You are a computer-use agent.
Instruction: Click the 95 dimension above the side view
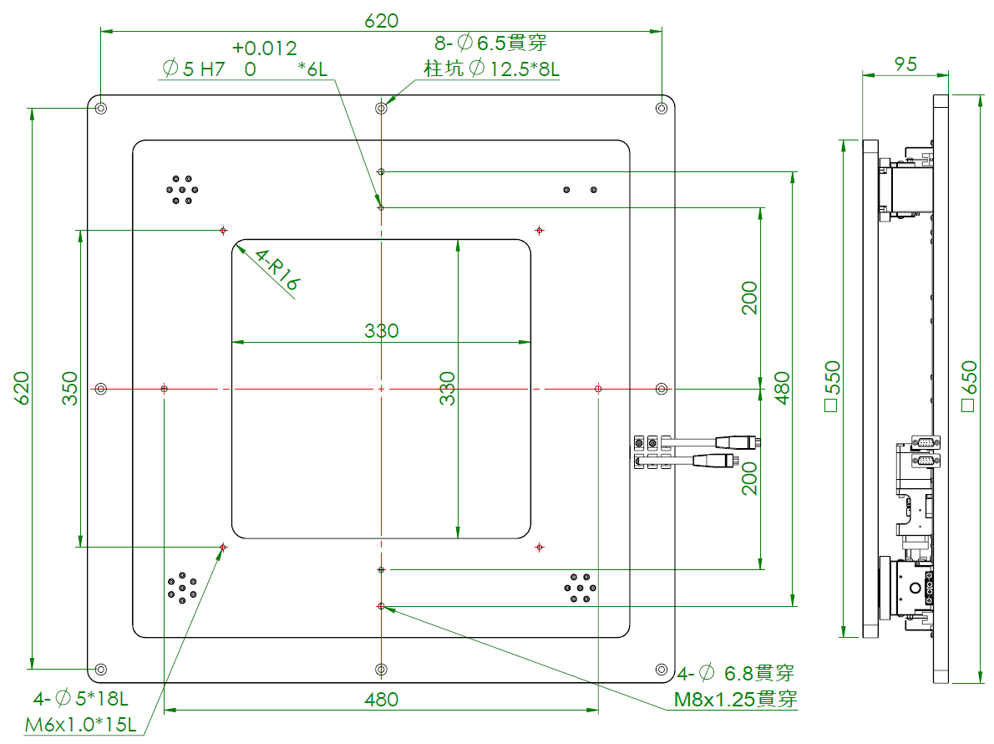tap(905, 64)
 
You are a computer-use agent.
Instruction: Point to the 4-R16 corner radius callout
tap(276, 270)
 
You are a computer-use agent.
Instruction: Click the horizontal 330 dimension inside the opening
tap(381, 330)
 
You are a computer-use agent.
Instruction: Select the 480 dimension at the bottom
tap(381, 699)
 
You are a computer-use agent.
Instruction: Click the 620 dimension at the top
tap(381, 21)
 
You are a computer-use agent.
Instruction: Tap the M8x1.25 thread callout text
tap(735, 700)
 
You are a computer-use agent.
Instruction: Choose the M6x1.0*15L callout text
tap(80, 724)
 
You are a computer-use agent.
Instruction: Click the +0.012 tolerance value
tap(265, 48)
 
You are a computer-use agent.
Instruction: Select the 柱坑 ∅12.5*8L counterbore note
tap(491, 69)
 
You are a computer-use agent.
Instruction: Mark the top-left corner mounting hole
tap(101, 109)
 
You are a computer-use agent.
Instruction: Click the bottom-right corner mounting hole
tap(662, 670)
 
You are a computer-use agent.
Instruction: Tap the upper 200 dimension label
tap(750, 298)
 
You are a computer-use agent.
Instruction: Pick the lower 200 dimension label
tap(750, 478)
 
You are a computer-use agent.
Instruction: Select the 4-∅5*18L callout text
tap(80, 698)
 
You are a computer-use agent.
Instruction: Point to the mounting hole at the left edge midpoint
tap(101, 389)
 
